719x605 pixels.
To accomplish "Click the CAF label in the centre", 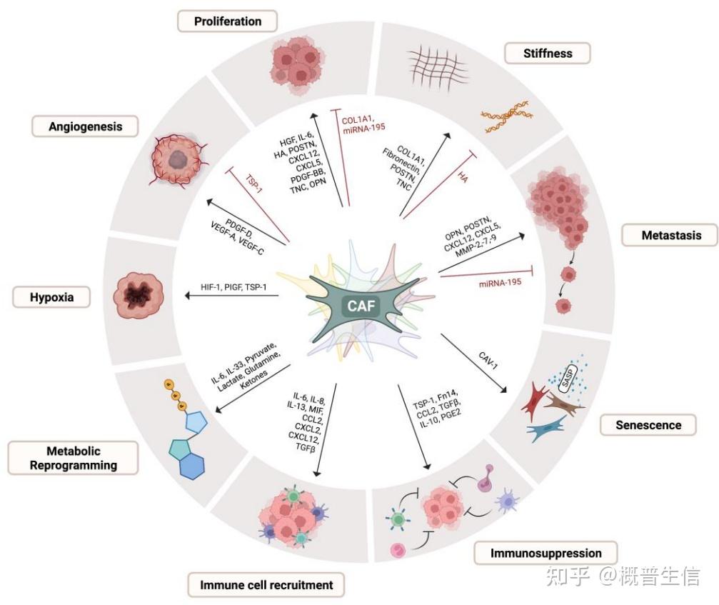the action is (361, 306).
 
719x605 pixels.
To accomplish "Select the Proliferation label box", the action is (228, 21).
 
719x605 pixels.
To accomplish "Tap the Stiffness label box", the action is (548, 53).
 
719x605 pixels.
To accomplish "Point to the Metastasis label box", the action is (671, 235).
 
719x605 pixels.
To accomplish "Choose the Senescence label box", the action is (648, 425).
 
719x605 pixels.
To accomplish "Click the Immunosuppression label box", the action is (545, 553).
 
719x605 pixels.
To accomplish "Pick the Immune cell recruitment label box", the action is (266, 585).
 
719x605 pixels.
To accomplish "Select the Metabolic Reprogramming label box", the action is (73, 458).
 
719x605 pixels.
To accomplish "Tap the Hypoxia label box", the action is (51, 296).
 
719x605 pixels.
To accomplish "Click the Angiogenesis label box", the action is (85, 126).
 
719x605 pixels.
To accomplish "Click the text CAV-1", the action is (488, 360).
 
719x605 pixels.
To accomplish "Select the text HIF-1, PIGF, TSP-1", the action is (233, 287).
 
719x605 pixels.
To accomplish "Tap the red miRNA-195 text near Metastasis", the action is (500, 283).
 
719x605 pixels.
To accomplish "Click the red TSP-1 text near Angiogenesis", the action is (253, 184).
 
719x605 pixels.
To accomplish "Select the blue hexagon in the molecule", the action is (192, 467).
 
